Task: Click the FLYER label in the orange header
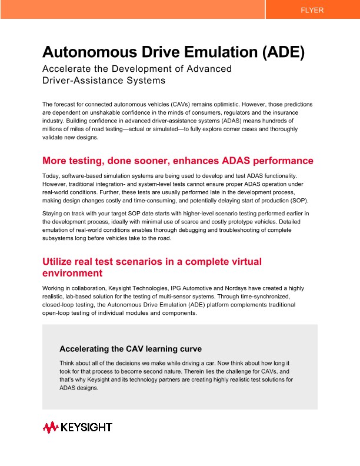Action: (312, 10)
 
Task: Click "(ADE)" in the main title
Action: (282, 52)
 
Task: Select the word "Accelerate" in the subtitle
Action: (66, 69)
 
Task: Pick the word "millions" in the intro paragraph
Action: (55, 129)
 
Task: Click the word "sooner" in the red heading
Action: (158, 161)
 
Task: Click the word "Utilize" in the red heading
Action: (61, 261)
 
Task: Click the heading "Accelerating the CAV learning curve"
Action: (131, 349)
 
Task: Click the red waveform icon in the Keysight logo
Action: (50, 427)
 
